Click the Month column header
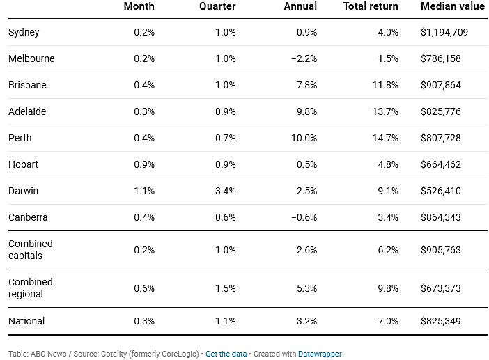tap(139, 6)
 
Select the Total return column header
tap(371, 6)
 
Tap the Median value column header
tap(453, 6)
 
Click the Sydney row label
tap(24, 33)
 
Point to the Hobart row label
tap(23, 164)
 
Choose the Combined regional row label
tap(30, 288)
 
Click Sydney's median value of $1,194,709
tap(444, 32)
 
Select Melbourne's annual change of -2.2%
tap(304, 58)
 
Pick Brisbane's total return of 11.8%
tap(385, 85)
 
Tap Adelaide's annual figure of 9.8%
tap(306, 111)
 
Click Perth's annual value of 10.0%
tap(304, 138)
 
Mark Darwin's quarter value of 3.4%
tap(225, 191)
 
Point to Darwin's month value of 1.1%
tap(144, 191)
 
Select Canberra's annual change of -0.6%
tap(304, 217)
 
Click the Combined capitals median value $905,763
tap(440, 250)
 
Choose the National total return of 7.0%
tap(388, 321)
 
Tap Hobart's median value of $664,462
tap(440, 164)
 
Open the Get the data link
tap(226, 354)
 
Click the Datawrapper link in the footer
tap(320, 354)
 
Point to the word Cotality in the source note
tap(114, 354)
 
